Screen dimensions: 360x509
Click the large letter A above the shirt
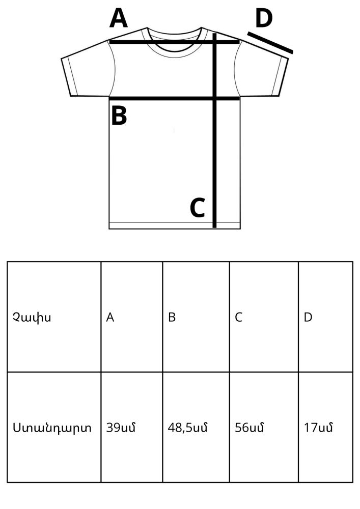pyautogui.click(x=119, y=18)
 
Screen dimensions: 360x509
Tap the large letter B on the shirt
pyautogui.click(x=119, y=116)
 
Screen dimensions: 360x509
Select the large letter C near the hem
pyautogui.click(x=198, y=208)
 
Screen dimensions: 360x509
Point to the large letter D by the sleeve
pyautogui.click(x=264, y=18)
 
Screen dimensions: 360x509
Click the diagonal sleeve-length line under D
pyautogui.click(x=270, y=43)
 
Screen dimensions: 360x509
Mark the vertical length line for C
pyautogui.click(x=214, y=130)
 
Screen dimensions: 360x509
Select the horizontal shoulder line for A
pyautogui.click(x=175, y=42)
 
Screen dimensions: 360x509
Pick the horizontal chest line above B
pyautogui.click(x=175, y=98)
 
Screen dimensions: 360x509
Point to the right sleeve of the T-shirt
pyautogui.click(x=261, y=71)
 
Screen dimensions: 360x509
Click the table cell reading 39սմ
pyautogui.click(x=132, y=427)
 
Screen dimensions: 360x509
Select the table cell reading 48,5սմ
pyautogui.click(x=196, y=427)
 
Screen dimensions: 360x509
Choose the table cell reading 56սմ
pyautogui.click(x=264, y=427)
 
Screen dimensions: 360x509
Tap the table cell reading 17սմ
pyautogui.click(x=325, y=427)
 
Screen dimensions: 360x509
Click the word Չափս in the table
pyautogui.click(x=32, y=317)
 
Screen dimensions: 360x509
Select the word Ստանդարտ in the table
pyautogui.click(x=52, y=428)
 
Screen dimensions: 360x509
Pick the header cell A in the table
pyautogui.click(x=132, y=317)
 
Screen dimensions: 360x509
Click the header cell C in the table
pyautogui.click(x=264, y=317)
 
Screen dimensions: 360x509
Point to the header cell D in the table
pyautogui.click(x=325, y=317)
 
